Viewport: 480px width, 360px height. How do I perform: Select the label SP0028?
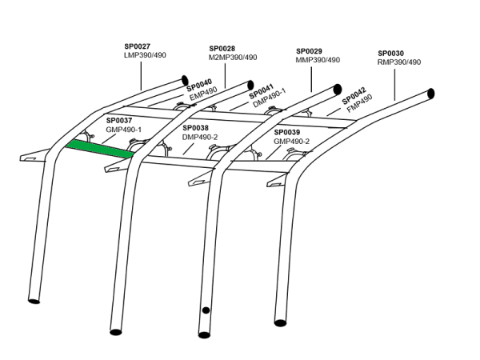[x=222, y=49]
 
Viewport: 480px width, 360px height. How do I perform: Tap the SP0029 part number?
[x=310, y=50]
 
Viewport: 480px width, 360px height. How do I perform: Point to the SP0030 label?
[x=390, y=53]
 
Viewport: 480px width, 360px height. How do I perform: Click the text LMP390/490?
[x=145, y=56]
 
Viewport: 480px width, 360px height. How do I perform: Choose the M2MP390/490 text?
[x=233, y=58]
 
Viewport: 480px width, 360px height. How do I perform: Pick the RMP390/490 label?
[x=398, y=62]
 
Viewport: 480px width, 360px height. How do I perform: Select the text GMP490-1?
[x=123, y=129]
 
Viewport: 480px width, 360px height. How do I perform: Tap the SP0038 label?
[x=195, y=127]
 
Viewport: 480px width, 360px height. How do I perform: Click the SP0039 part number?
[x=287, y=132]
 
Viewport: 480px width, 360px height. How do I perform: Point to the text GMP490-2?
[x=292, y=141]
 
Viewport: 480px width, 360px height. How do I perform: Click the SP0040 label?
[x=199, y=84]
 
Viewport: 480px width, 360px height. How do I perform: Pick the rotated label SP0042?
[x=354, y=96]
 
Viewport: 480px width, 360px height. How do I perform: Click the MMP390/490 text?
[x=318, y=59]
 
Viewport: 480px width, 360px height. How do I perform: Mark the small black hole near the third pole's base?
[x=206, y=310]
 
